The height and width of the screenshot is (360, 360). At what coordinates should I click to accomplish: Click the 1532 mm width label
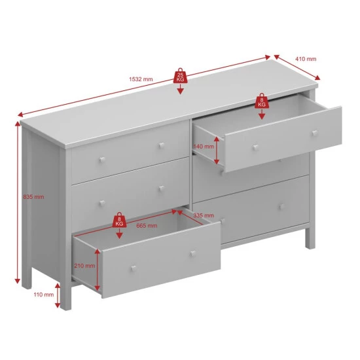pyautogui.click(x=141, y=79)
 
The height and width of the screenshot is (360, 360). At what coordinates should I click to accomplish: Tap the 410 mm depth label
pyautogui.click(x=306, y=59)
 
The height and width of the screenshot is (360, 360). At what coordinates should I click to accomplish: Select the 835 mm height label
pyautogui.click(x=33, y=197)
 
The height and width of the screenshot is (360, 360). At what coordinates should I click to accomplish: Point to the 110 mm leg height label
pyautogui.click(x=44, y=295)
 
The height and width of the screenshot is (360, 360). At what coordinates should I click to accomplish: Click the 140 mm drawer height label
pyautogui.click(x=204, y=146)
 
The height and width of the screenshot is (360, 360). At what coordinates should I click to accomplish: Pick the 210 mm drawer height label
pyautogui.click(x=84, y=266)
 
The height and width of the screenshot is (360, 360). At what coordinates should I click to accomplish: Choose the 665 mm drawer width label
pyautogui.click(x=147, y=225)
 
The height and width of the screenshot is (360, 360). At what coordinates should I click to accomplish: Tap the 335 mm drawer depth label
pyautogui.click(x=204, y=215)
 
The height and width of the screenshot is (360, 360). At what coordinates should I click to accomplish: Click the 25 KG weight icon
pyautogui.click(x=180, y=76)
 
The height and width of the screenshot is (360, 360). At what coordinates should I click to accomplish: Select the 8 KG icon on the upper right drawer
pyautogui.click(x=262, y=101)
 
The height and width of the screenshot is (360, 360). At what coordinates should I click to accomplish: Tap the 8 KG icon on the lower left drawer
pyautogui.click(x=119, y=220)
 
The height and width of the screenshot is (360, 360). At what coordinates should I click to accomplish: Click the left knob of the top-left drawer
pyautogui.click(x=102, y=160)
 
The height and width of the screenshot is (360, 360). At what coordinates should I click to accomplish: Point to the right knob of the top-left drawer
pyautogui.click(x=162, y=145)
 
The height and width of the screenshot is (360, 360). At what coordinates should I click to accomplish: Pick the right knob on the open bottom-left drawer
pyautogui.click(x=192, y=254)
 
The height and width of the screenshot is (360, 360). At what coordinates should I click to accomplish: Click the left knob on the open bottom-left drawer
pyautogui.click(x=134, y=268)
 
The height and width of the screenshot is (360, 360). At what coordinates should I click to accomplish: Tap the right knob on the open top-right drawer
pyautogui.click(x=315, y=133)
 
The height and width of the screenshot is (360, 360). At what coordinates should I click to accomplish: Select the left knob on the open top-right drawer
pyautogui.click(x=255, y=147)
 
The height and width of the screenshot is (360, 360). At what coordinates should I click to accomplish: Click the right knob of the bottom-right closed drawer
pyautogui.click(x=281, y=207)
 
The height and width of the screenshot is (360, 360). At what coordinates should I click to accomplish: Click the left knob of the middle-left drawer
pyautogui.click(x=102, y=203)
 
